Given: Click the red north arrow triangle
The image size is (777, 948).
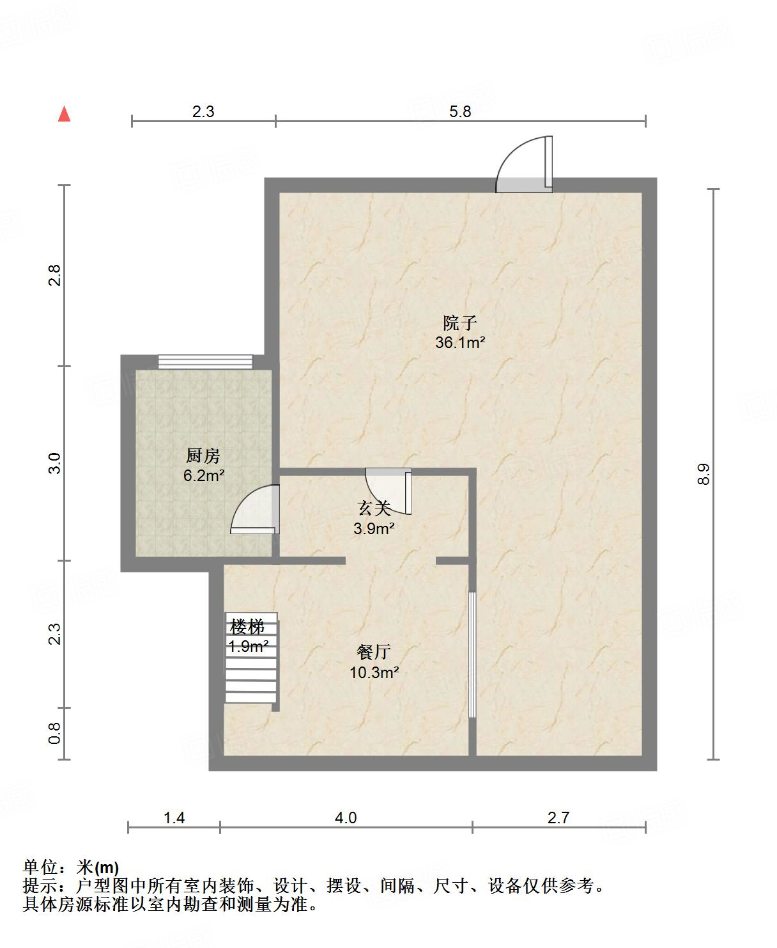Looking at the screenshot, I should click(64, 115).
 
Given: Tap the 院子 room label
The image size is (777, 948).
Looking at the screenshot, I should click(460, 323).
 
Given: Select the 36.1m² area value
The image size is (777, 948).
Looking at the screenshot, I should click(460, 343).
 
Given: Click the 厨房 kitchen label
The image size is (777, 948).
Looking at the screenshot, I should click(203, 456).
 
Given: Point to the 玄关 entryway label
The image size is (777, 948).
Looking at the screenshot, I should click(374, 509).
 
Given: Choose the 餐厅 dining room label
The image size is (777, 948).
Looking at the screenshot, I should click(374, 652).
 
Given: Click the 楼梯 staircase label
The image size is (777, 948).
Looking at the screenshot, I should click(247, 627).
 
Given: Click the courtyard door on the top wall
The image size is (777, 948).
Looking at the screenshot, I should click(525, 166).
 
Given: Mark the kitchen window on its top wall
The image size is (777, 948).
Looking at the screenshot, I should click(206, 362).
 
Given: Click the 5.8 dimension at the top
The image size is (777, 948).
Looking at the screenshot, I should click(460, 112).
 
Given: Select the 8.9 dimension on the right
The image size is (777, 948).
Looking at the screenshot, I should click(704, 474).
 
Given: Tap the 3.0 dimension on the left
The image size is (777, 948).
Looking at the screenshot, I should click(55, 463).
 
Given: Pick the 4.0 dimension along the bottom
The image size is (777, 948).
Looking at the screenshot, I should click(346, 818).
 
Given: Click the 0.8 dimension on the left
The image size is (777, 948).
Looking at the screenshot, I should click(55, 733).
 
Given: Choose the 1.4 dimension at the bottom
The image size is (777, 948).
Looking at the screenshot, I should click(174, 818).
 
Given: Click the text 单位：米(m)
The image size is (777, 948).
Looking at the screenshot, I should click(71, 867).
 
